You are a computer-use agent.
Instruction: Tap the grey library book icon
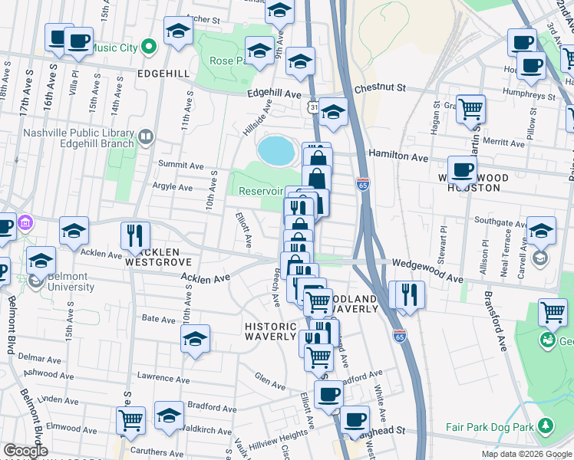pyautogui.click(x=145, y=138)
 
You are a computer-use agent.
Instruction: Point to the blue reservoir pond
pyautogui.click(x=276, y=151)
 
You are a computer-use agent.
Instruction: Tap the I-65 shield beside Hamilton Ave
pyautogui.click(x=362, y=184)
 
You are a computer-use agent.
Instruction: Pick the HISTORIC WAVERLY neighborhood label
pyautogui.click(x=270, y=331)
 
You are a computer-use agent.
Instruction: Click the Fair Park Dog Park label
pyautogui.click(x=491, y=427)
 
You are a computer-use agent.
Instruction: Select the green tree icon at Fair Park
pyautogui.click(x=546, y=425)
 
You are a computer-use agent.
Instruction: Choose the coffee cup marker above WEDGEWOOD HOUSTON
pyautogui.click(x=462, y=169)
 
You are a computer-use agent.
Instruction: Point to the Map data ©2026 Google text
pyautogui.click(x=526, y=454)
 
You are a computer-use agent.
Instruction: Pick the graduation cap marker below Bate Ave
pyautogui.click(x=196, y=338)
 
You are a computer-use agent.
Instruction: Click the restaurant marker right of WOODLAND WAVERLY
pyautogui.click(x=407, y=294)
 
